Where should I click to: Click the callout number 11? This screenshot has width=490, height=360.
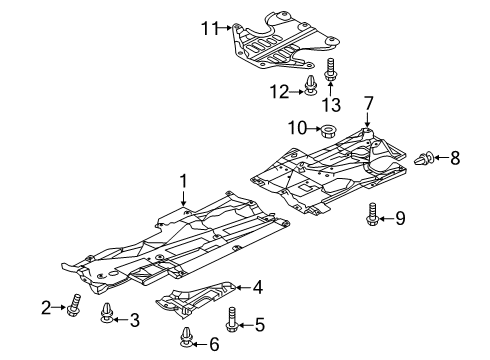click(209, 28)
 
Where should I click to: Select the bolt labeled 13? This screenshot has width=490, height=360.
click(330, 69)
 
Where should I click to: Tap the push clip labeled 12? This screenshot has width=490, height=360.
click(311, 85)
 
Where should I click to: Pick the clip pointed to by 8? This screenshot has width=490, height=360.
click(424, 158)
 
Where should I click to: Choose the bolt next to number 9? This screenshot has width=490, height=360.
click(372, 213)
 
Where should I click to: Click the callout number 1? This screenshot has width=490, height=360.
click(183, 181)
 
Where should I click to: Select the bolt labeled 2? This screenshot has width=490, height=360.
click(75, 305)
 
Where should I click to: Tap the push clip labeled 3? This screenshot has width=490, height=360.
click(107, 313)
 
